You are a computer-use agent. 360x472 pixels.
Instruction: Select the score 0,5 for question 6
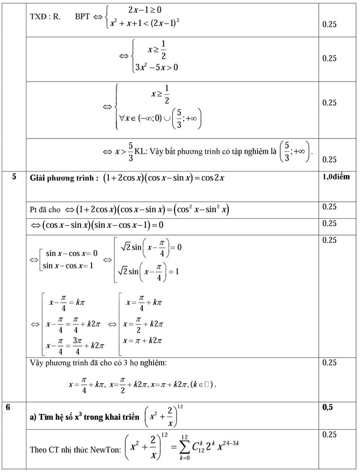[x=327, y=407]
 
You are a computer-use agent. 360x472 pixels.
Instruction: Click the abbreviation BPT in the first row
[x=83, y=17]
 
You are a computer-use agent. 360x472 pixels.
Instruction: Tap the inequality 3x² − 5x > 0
[x=156, y=68]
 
